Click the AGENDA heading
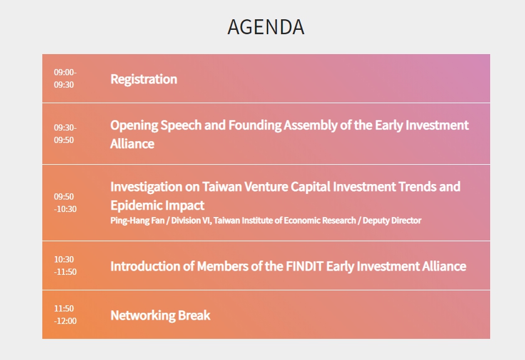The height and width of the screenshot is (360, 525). (266, 27)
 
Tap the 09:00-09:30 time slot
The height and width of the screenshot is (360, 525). (65, 78)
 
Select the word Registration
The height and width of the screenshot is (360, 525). (144, 80)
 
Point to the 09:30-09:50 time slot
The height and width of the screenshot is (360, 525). (65, 134)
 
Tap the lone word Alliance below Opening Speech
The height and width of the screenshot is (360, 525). (132, 144)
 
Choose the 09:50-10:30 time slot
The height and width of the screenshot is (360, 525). (65, 203)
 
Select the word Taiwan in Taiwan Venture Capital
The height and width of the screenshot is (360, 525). (221, 187)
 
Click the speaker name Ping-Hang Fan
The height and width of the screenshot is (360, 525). (137, 221)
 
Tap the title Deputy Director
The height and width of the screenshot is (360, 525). (392, 221)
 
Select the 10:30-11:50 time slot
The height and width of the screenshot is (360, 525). (65, 265)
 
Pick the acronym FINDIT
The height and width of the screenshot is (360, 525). (304, 267)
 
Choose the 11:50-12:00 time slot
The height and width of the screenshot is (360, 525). (65, 315)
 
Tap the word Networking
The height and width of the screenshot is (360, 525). (142, 316)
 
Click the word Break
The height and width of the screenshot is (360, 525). (194, 315)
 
